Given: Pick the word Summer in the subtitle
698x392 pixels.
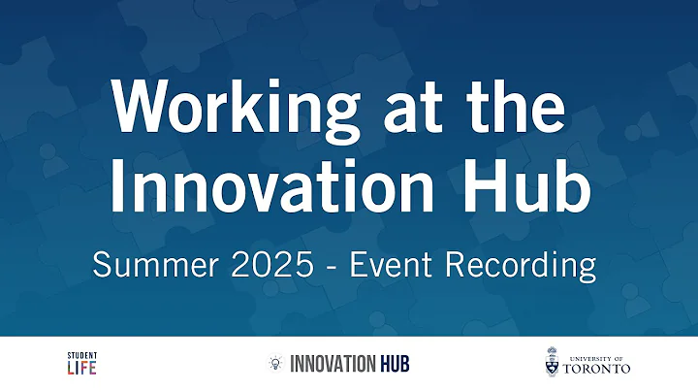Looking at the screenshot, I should (152, 263).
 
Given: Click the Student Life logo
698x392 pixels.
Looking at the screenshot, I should (81, 364).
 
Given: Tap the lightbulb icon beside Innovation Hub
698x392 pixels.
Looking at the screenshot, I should (275, 364).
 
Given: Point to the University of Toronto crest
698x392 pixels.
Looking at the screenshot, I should (552, 363).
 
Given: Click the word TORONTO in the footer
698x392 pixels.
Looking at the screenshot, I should (597, 369).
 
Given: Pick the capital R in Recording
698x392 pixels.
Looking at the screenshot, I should (458, 263).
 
